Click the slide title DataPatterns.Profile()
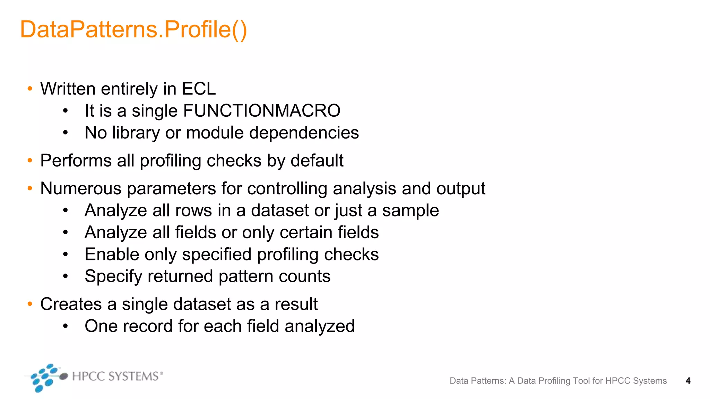point(133,30)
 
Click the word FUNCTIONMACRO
point(261,111)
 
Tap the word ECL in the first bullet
point(199,89)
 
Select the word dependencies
point(304,133)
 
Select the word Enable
point(112,255)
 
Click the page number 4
point(688,381)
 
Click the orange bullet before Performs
point(30,161)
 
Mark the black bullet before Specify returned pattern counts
point(66,276)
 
